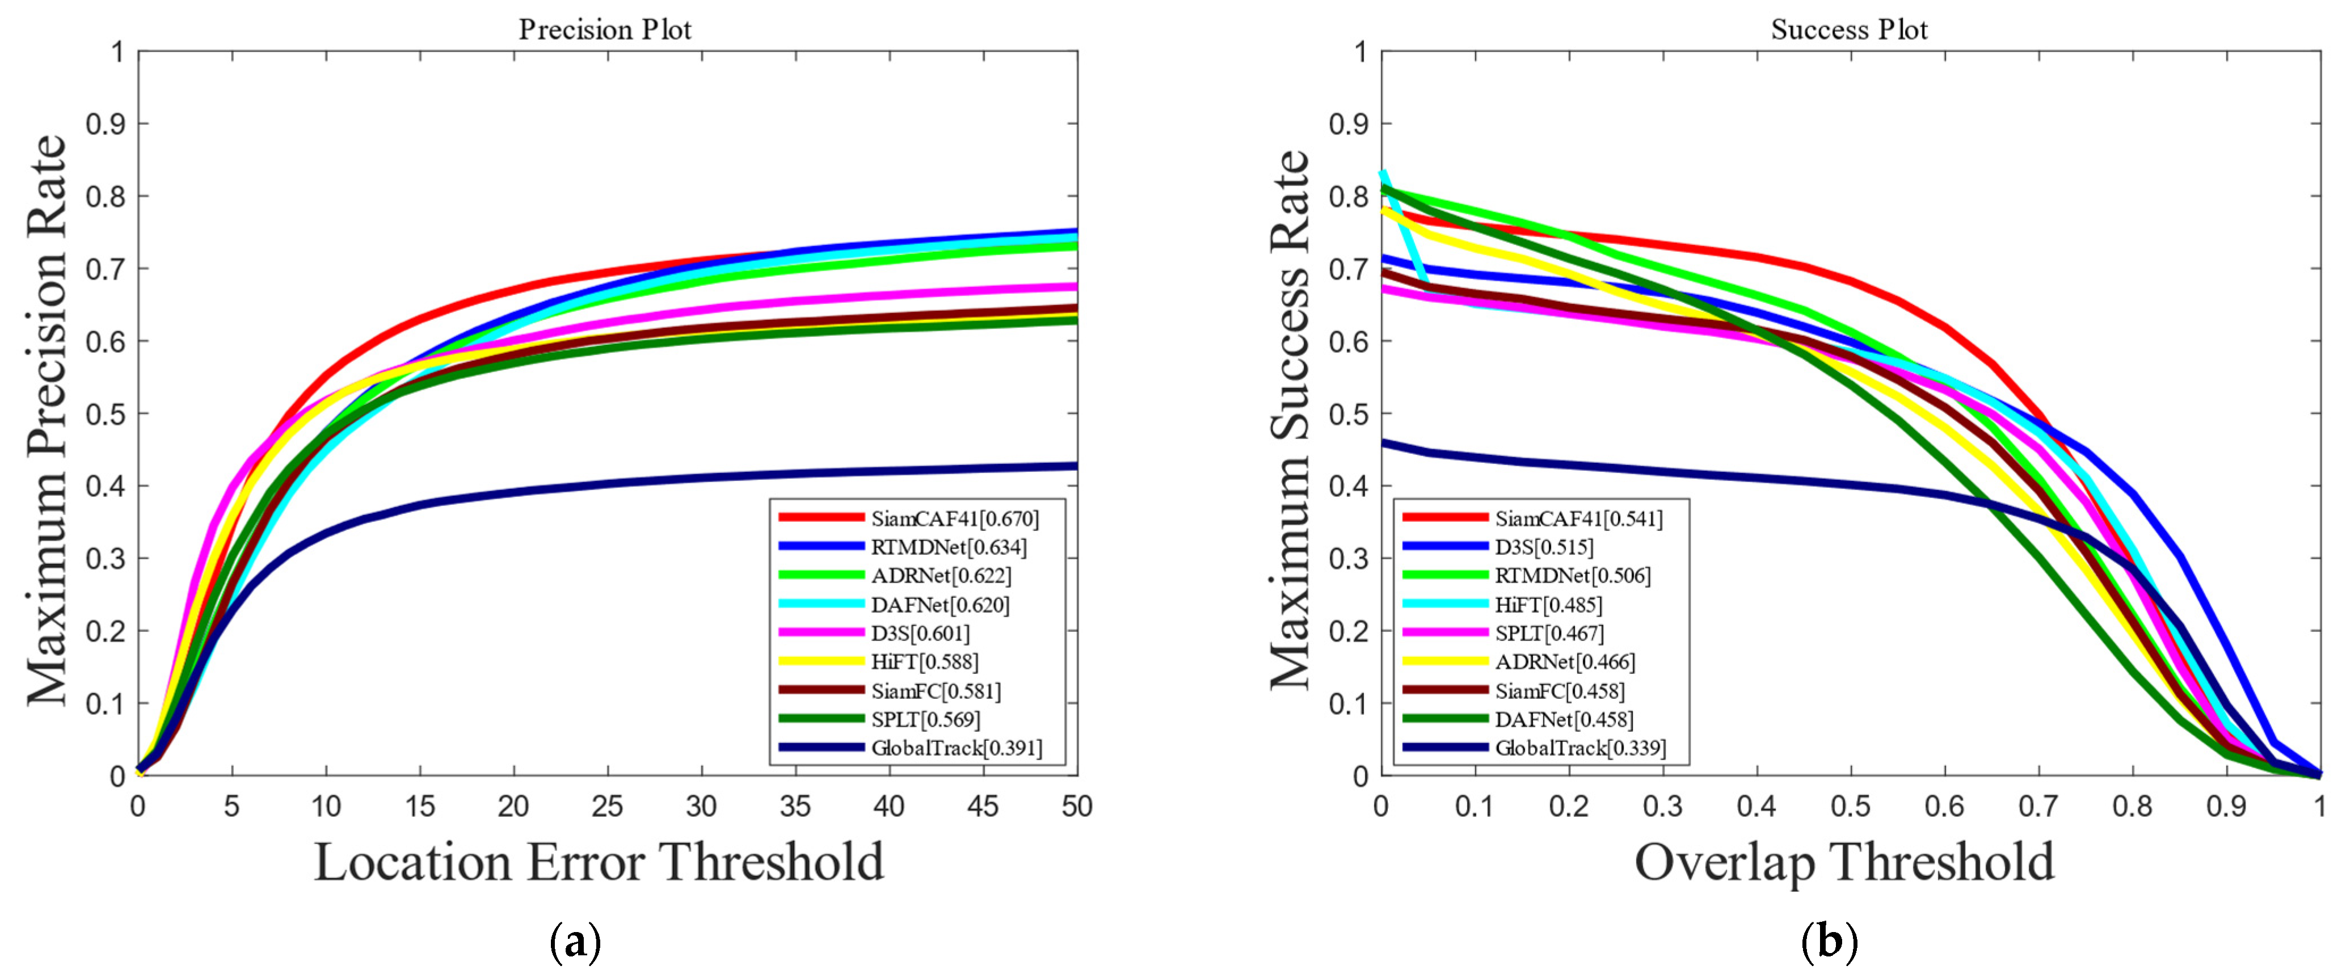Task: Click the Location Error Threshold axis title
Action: tap(599, 861)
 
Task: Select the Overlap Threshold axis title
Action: tap(1844, 861)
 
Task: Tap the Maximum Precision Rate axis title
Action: tap(47, 419)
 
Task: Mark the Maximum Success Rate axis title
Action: tap(1290, 419)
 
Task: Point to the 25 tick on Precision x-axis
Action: tap(607, 806)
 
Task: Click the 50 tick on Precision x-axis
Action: tap(1076, 806)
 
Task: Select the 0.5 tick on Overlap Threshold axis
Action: tap(1851, 806)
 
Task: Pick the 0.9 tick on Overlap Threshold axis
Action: tap(2226, 806)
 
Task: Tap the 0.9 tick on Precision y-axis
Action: tap(104, 124)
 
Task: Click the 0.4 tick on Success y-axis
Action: tap(1348, 486)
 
